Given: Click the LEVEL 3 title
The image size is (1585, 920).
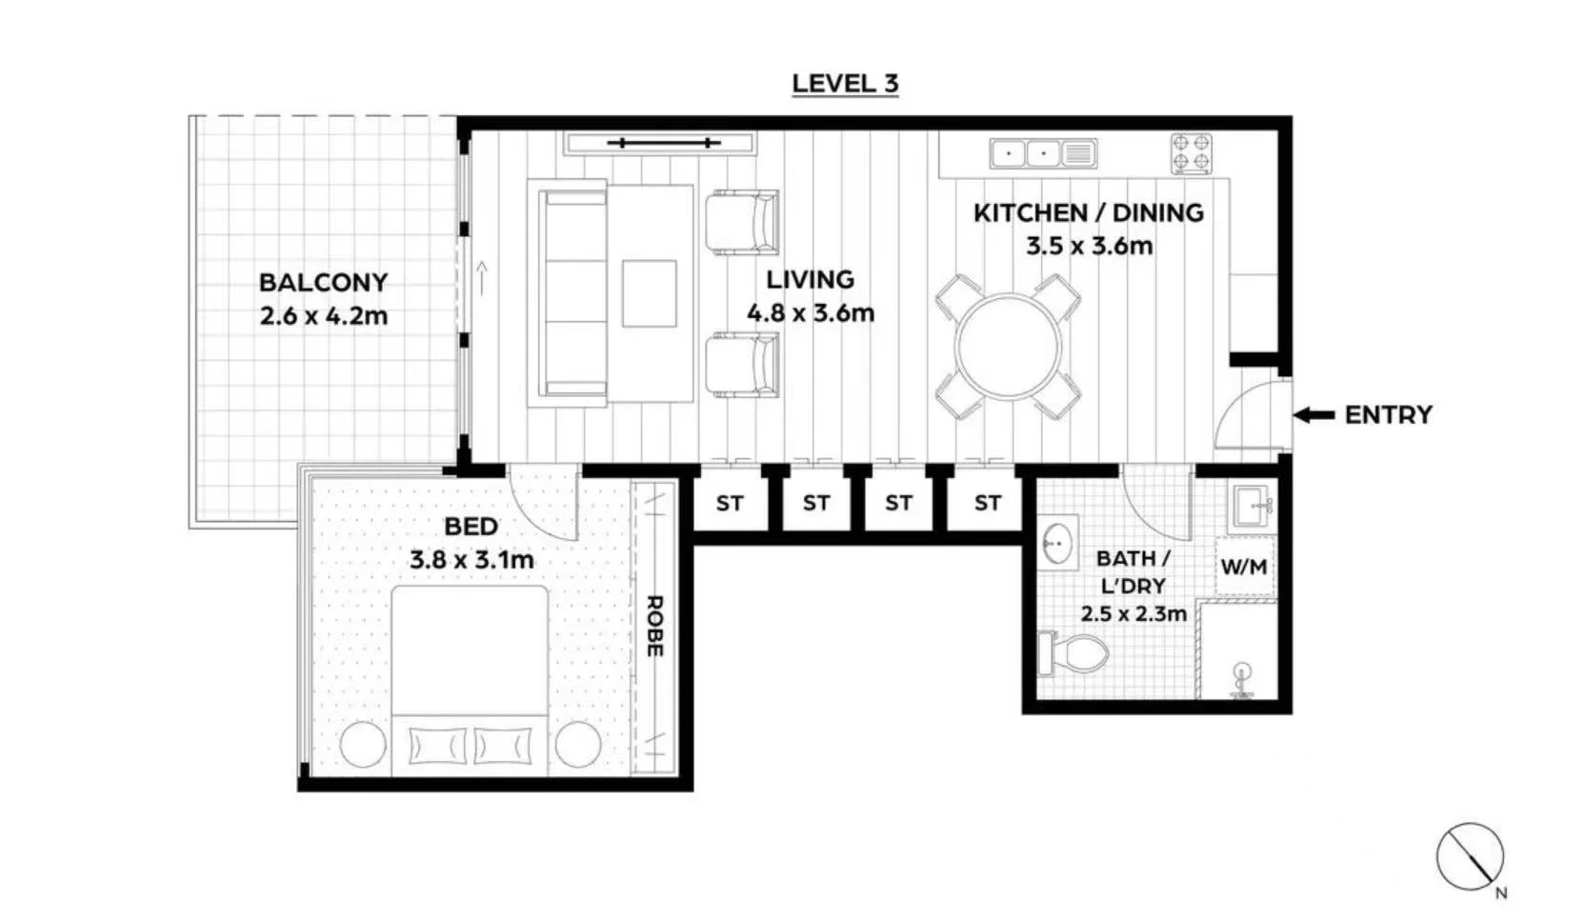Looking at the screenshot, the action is click(845, 84).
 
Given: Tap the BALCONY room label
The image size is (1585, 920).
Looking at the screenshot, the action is click(323, 282).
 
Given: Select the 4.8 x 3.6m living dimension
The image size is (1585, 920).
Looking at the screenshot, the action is click(811, 312).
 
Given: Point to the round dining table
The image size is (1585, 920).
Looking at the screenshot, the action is click(1008, 347).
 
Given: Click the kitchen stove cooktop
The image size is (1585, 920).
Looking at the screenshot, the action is click(1191, 153).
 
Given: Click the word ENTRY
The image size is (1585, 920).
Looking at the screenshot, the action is click(1388, 414).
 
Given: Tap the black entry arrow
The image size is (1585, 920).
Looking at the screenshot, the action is click(1314, 415).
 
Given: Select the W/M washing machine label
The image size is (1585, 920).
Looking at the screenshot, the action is click(1244, 566).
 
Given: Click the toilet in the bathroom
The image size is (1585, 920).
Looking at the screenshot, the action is click(1073, 653).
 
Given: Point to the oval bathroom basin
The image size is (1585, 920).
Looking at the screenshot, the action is click(1058, 544).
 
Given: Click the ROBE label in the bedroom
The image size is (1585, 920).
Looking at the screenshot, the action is click(654, 627).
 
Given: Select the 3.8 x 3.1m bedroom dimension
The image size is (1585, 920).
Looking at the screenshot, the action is click(471, 560).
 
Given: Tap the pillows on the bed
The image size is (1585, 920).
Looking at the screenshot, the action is click(470, 746).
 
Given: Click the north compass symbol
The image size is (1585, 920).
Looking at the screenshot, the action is click(1471, 857).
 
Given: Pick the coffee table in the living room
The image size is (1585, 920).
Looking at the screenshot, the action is click(649, 293).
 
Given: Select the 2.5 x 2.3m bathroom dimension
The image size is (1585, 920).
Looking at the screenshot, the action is click(1133, 613).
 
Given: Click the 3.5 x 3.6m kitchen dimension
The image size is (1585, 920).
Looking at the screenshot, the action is click(1089, 247).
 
